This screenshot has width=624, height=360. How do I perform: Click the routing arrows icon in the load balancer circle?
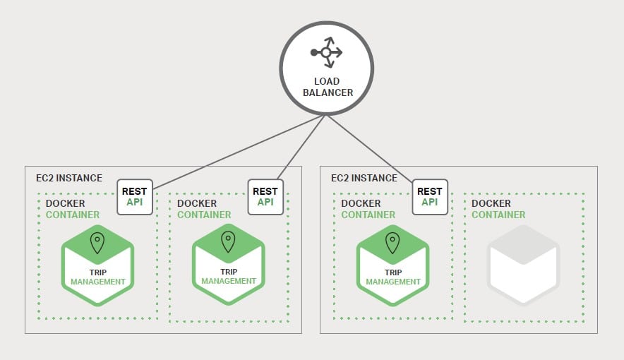click(x=325, y=52)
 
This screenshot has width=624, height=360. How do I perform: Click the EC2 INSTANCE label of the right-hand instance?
click(x=364, y=178)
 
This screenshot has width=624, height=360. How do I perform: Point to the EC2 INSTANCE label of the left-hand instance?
click(x=69, y=178)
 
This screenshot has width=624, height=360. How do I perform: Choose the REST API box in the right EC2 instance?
click(x=429, y=196)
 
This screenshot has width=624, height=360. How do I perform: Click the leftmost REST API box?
click(x=134, y=196)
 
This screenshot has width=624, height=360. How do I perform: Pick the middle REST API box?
click(x=265, y=196)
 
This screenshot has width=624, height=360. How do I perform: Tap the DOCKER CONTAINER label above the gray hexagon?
click(x=498, y=209)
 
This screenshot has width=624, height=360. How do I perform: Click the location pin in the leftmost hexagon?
click(x=97, y=244)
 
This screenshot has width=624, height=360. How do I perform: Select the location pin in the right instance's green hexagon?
click(x=392, y=244)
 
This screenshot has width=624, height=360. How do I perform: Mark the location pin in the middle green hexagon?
click(x=228, y=244)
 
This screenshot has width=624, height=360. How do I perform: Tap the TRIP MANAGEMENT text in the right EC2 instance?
click(x=392, y=276)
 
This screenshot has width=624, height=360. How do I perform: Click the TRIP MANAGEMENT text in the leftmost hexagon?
click(x=97, y=276)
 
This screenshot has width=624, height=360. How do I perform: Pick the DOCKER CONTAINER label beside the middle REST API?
click(x=204, y=209)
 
